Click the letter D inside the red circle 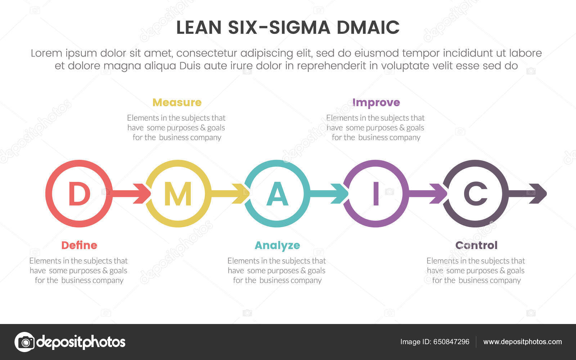(79, 194)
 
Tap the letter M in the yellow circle (177, 194)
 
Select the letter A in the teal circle (277, 194)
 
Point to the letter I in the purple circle (376, 194)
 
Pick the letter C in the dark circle (475, 194)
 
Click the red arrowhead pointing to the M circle (143, 194)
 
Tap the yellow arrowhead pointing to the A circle (242, 194)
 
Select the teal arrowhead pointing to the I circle (341, 194)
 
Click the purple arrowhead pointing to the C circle (440, 194)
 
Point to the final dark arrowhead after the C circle (539, 194)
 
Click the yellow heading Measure (177, 103)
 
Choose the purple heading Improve (376, 103)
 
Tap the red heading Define (79, 246)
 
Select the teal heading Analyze (277, 246)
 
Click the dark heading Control (476, 246)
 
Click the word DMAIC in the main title (368, 28)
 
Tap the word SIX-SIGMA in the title (279, 28)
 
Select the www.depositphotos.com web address (522, 342)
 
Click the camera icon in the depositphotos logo (24, 342)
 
